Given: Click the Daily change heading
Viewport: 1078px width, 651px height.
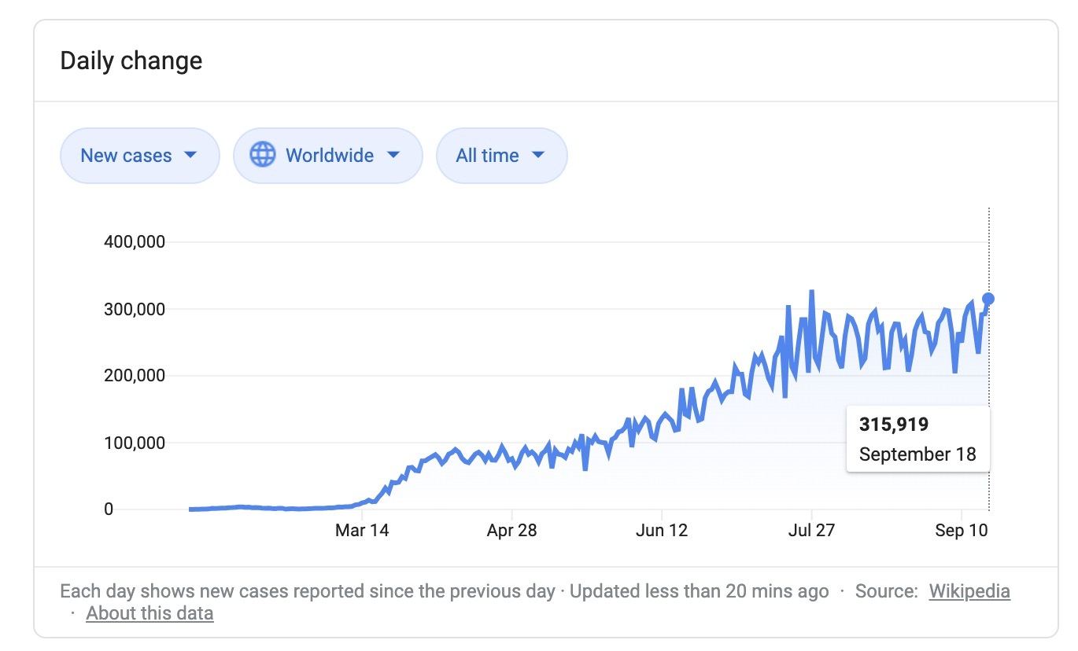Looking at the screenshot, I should [x=131, y=61].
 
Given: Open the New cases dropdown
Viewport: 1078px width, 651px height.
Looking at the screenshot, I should [x=139, y=155].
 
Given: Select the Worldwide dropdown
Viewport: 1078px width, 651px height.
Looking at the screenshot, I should [x=328, y=155].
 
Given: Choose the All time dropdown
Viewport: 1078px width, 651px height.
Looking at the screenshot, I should [x=501, y=155].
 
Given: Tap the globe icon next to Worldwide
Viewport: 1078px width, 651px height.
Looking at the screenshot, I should [x=263, y=154].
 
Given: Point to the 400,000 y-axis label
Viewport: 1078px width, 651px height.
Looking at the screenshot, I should [x=135, y=242].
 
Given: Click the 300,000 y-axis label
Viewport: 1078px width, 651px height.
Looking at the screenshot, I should [x=135, y=309].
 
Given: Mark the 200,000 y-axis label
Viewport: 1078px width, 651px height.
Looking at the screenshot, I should [x=135, y=376].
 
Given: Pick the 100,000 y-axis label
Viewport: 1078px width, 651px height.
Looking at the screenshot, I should [x=135, y=443].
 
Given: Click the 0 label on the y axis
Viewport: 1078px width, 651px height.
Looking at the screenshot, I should [x=108, y=509].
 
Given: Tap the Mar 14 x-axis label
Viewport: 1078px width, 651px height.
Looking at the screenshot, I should [x=362, y=530].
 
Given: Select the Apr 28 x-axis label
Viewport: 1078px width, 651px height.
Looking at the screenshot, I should [x=511, y=530].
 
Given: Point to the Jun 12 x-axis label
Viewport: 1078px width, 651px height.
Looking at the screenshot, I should [x=662, y=530].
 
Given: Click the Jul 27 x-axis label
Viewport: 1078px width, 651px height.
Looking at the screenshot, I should [x=811, y=530].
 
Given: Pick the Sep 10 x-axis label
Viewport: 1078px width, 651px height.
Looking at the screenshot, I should [x=961, y=530].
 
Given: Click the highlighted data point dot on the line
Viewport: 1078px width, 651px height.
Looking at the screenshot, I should [x=988, y=298].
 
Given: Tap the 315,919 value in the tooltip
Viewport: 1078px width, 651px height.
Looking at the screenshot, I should [x=894, y=425].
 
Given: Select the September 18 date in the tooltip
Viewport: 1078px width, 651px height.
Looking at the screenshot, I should [x=917, y=454].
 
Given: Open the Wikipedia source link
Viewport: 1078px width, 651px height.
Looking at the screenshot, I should [x=969, y=591].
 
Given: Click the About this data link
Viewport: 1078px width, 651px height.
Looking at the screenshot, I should [x=150, y=613].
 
